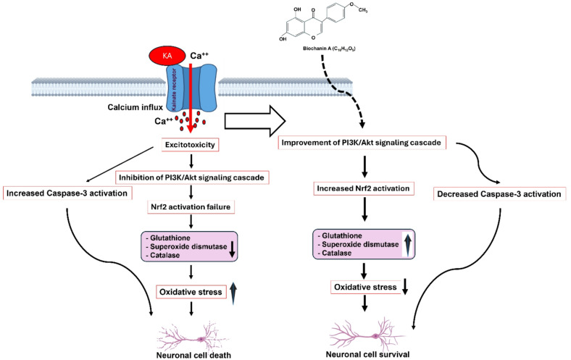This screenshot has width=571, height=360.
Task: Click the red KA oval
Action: (x=167, y=56)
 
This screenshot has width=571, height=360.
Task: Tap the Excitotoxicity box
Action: (x=190, y=145)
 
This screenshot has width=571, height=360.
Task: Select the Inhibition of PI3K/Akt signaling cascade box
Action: (x=191, y=177)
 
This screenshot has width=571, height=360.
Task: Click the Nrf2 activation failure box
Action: (x=191, y=206)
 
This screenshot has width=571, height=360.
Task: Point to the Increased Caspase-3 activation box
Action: (x=67, y=193)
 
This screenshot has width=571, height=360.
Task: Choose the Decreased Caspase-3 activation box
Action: (x=499, y=194)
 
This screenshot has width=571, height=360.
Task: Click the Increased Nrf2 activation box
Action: (x=364, y=188)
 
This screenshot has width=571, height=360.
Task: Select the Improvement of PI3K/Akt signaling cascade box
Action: (x=362, y=142)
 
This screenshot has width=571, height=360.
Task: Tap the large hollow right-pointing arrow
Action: (x=255, y=121)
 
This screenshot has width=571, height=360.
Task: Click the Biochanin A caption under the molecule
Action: (x=329, y=49)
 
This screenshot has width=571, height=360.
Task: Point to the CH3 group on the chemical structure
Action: (x=363, y=10)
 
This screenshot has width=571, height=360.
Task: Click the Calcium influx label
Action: (x=135, y=107)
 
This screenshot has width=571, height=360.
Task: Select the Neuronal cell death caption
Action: (x=193, y=355)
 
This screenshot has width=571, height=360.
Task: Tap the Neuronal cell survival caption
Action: (x=368, y=354)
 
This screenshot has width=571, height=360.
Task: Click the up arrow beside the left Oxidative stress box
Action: (x=233, y=293)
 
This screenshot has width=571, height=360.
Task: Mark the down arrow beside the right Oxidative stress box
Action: (x=405, y=287)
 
